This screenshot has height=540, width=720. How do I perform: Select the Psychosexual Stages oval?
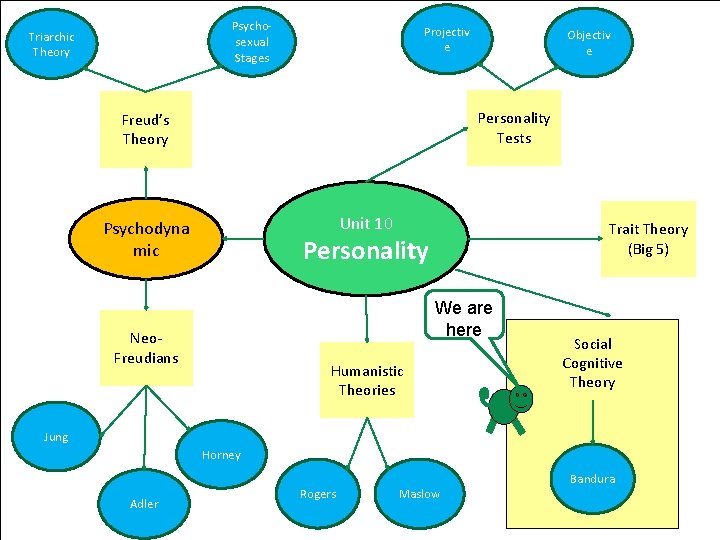click(x=251, y=42)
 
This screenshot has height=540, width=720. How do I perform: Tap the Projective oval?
click(x=446, y=40)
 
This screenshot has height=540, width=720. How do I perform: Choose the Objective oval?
click(x=588, y=43)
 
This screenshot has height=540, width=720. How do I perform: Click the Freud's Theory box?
click(x=145, y=130)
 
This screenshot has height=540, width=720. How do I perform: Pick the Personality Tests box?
click(x=513, y=128)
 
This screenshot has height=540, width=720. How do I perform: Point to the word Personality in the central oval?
click(x=366, y=251)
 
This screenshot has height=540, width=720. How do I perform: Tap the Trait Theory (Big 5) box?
click(x=648, y=239)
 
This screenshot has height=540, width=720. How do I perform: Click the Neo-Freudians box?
click(x=146, y=348)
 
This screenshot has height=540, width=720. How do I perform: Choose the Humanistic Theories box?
click(x=367, y=380)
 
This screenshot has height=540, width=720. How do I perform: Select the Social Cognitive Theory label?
click(x=592, y=363)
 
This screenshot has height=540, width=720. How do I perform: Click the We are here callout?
click(x=464, y=318)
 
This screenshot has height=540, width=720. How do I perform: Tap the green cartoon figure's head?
click(x=519, y=397)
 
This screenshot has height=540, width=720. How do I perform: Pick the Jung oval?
click(x=56, y=437)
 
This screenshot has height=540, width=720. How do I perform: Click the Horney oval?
click(x=221, y=455)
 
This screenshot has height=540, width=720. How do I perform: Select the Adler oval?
click(x=144, y=503)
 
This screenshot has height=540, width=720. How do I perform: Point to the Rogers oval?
click(x=318, y=494)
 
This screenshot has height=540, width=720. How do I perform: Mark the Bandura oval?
click(x=593, y=479)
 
